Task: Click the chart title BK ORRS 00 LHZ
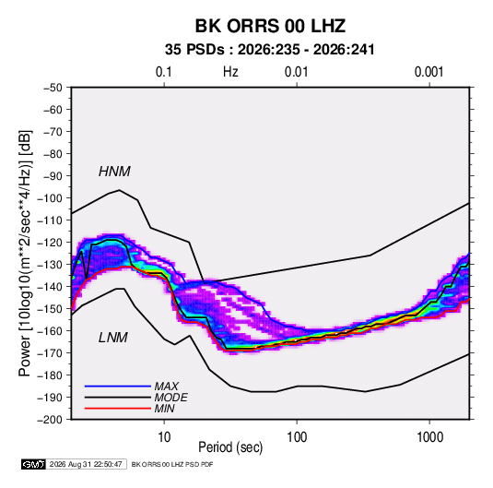click(270, 26)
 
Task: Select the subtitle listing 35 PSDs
click(270, 50)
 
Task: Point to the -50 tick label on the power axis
click(53, 88)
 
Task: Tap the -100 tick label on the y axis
click(51, 198)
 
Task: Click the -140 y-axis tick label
click(51, 287)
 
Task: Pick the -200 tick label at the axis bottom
click(51, 420)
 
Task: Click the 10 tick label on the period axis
click(164, 437)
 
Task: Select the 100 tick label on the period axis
click(297, 437)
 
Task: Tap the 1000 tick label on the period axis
click(429, 437)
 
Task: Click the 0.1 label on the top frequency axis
click(164, 72)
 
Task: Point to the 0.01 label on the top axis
click(296, 72)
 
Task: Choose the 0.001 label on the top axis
click(428, 72)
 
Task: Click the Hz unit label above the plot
click(230, 72)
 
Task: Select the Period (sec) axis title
click(230, 447)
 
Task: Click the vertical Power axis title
click(25, 253)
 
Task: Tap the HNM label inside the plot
click(114, 172)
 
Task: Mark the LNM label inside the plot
click(113, 338)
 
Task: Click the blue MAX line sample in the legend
click(118, 387)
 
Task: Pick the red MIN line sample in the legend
click(118, 409)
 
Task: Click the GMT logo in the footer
click(34, 464)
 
